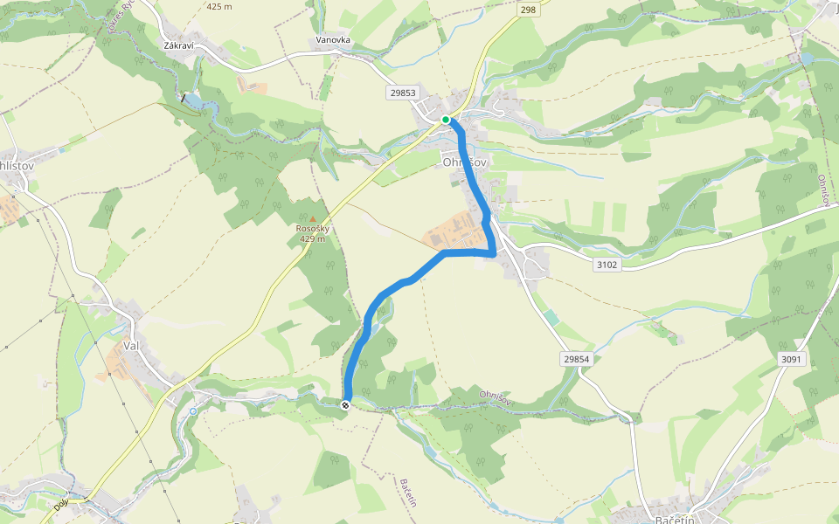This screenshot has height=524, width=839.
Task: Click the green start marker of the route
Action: pos(446,120)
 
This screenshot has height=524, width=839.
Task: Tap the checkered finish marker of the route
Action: pos(346,404)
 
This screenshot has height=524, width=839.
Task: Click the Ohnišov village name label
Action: pos(463,162)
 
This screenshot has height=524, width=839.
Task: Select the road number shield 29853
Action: pos(404,92)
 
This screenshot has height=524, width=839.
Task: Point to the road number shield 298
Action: pos(527,10)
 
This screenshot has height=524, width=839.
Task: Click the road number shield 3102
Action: pos(607,264)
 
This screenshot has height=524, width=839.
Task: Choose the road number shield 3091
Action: pos(790,359)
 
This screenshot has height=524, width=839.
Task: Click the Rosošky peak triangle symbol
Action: pos(312,218)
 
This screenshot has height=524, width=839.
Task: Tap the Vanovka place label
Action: pos(333,40)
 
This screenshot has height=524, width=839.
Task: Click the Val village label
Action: pos(132,346)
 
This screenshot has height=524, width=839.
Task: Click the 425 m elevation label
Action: pos(219,6)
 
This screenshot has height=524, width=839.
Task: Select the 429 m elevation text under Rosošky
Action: pos(312,239)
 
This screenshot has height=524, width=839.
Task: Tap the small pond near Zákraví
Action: pos(194,102)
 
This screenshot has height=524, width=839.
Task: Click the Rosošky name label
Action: pos(312,230)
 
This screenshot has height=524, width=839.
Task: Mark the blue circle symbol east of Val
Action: pos(193,410)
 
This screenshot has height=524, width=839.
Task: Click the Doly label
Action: pos(60,504)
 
